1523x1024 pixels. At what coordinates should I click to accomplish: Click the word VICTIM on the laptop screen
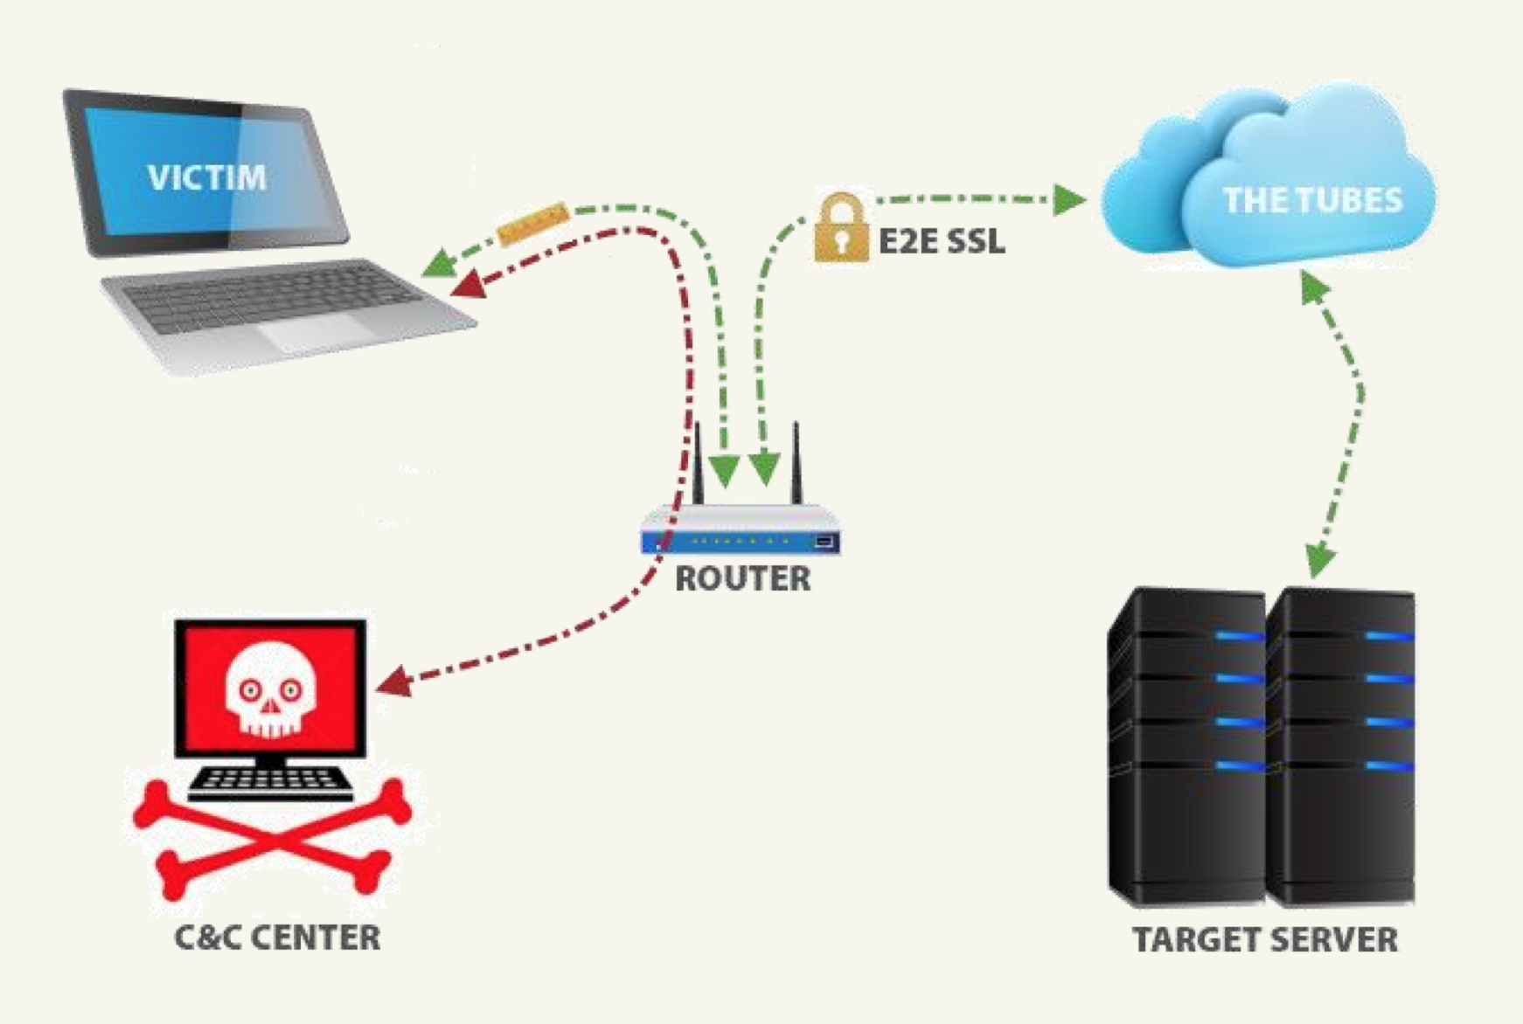click(x=207, y=177)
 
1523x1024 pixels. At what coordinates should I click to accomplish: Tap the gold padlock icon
click(x=840, y=229)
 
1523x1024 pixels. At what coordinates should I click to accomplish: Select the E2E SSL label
click(x=942, y=240)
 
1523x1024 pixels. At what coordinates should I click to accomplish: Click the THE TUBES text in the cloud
click(x=1311, y=200)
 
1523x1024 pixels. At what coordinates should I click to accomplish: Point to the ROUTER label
click(x=743, y=578)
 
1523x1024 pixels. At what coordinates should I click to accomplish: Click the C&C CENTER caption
click(x=277, y=938)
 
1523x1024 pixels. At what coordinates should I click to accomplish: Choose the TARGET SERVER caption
click(x=1264, y=939)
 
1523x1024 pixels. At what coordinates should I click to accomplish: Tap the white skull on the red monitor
click(x=269, y=689)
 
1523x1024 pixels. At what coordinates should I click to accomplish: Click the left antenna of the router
click(x=698, y=463)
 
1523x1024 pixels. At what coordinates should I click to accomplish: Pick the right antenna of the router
click(x=796, y=463)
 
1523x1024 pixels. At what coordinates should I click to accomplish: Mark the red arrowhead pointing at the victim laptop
click(x=468, y=284)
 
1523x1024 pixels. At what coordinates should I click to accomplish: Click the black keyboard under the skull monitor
click(x=270, y=781)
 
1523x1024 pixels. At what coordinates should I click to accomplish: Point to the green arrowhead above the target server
click(x=1318, y=559)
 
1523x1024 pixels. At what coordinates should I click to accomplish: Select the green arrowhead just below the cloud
click(x=1312, y=287)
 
